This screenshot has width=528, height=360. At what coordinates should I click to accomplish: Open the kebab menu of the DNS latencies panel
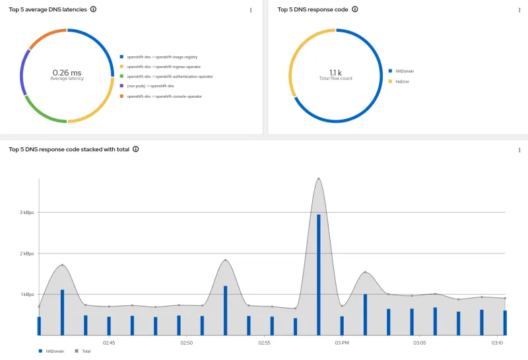point(251,10)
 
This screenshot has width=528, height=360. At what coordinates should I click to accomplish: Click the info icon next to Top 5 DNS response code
point(354,9)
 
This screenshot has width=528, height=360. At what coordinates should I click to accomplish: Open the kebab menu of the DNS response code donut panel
point(519,10)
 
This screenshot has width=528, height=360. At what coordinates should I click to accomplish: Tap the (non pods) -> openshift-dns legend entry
point(150,87)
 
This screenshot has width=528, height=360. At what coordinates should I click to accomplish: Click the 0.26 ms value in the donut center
point(67,72)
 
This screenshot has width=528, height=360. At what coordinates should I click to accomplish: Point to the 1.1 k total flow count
point(336,72)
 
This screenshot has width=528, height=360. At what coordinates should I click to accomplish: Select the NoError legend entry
point(402,81)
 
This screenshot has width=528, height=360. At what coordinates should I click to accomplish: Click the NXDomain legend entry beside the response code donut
point(404,71)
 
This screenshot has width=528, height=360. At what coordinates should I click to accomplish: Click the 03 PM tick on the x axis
point(342,343)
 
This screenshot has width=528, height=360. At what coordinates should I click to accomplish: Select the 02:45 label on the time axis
point(109,343)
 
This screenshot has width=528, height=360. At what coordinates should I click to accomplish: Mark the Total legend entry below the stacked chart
point(86,351)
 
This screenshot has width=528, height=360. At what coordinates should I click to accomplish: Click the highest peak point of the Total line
point(318,178)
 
